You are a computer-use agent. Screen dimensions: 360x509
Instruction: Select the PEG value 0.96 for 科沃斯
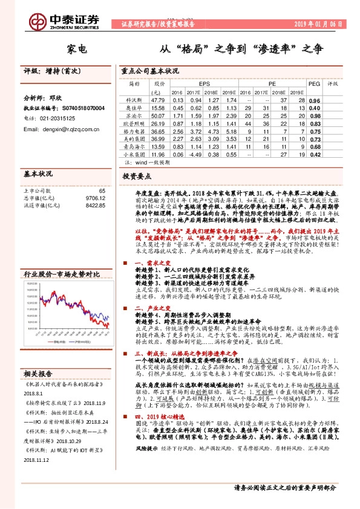(314, 100)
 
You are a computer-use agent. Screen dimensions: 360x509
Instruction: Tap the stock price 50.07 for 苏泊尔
(159, 115)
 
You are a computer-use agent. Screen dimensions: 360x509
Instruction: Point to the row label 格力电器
(136, 130)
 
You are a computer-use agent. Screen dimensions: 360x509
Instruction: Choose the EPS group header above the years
(205, 84)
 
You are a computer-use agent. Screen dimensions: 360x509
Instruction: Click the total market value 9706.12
(94, 198)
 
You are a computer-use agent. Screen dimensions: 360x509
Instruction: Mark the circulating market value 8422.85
(94, 205)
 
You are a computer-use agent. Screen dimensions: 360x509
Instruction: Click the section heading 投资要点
(137, 176)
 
